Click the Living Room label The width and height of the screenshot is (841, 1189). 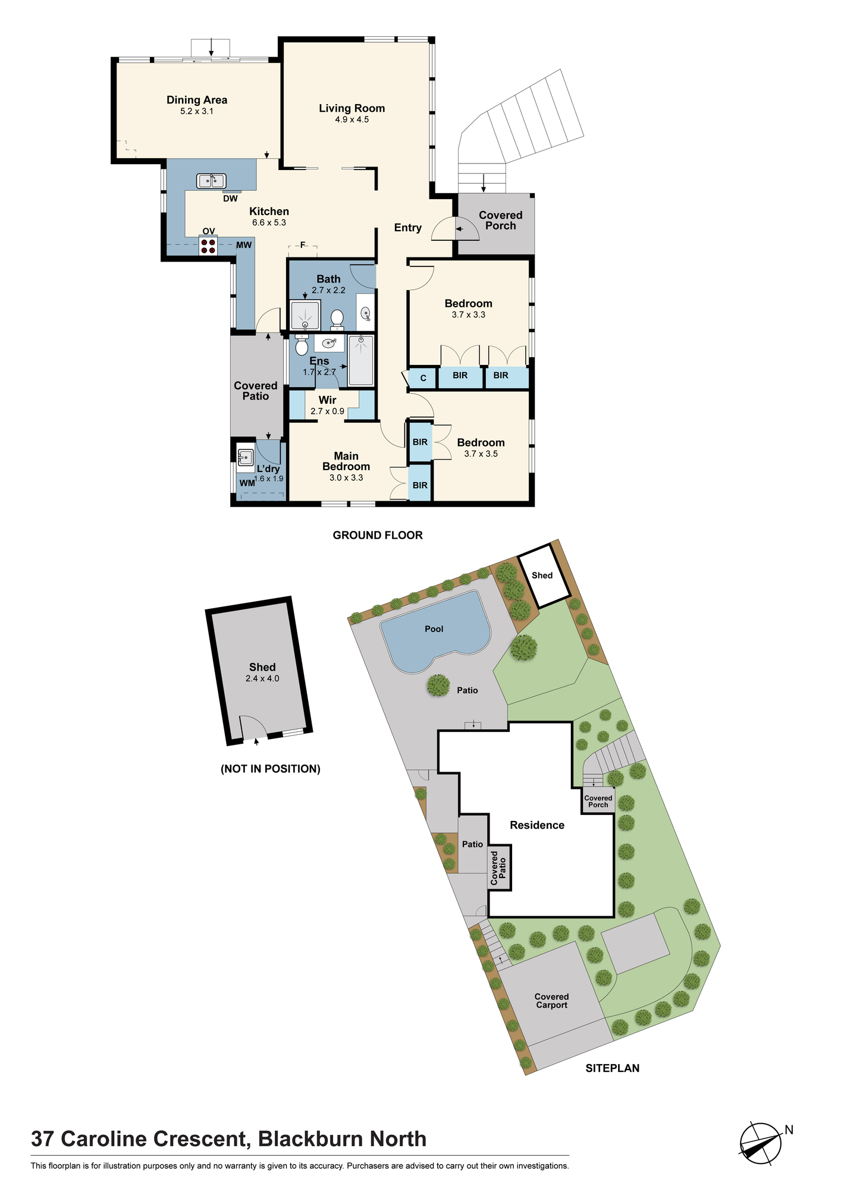click(x=352, y=108)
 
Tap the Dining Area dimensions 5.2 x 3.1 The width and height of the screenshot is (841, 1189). click(x=197, y=111)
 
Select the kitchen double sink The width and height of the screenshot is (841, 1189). click(x=211, y=180)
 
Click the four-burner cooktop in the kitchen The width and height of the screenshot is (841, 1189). click(x=208, y=246)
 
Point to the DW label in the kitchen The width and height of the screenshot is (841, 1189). click(x=230, y=199)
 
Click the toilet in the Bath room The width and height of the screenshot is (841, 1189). click(x=337, y=319)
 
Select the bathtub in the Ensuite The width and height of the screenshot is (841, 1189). click(x=361, y=360)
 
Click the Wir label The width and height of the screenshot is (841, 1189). click(x=328, y=400)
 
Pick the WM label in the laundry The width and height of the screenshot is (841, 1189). click(x=247, y=483)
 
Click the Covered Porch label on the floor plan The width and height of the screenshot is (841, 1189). click(x=501, y=221)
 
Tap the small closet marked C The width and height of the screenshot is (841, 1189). click(x=423, y=378)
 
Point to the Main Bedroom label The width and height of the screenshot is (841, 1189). click(x=346, y=461)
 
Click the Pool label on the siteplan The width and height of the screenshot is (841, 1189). click(x=434, y=629)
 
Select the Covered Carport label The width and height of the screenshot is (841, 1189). click(x=552, y=1001)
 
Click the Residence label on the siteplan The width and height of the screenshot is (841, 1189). click(x=537, y=825)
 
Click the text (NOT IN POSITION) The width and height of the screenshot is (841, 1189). click(x=271, y=769)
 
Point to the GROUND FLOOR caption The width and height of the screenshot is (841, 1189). click(x=378, y=535)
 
